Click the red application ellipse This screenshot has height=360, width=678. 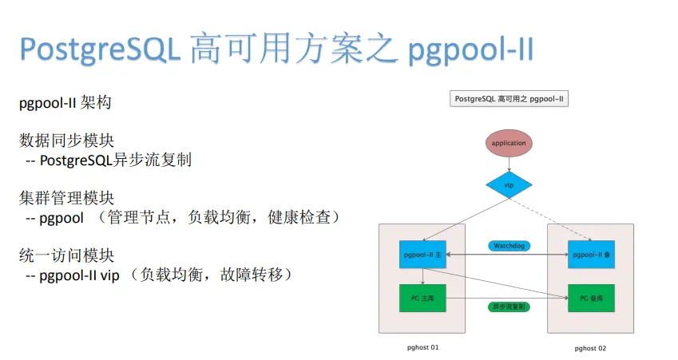[x=509, y=144]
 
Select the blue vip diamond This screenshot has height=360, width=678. [x=509, y=184]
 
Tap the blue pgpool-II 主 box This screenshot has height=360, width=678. [x=422, y=255]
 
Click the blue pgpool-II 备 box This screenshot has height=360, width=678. [x=591, y=255]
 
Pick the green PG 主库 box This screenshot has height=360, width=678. [x=422, y=298]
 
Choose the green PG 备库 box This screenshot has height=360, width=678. [x=591, y=298]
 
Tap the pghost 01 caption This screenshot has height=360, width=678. [x=422, y=347]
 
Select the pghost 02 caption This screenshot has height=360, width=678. [x=591, y=348]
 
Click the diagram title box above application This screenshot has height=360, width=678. [x=509, y=99]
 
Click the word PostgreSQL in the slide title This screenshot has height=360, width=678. [x=101, y=50]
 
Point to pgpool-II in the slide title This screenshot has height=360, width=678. [x=470, y=50]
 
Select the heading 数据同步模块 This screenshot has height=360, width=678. [x=67, y=141]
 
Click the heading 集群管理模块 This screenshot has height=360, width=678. [x=67, y=198]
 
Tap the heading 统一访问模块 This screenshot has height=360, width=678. [x=67, y=255]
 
